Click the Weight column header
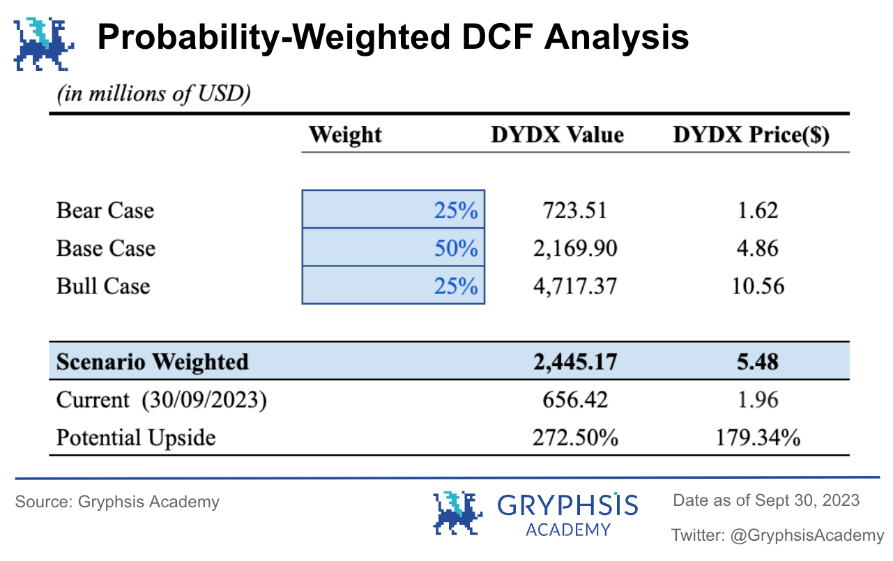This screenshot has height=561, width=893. click(x=345, y=135)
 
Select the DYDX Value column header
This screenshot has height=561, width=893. click(x=557, y=135)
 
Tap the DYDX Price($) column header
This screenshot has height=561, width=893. click(x=751, y=135)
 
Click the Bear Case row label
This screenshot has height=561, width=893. click(x=105, y=210)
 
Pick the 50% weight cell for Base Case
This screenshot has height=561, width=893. click(x=393, y=248)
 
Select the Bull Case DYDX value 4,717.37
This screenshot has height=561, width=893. click(x=574, y=286)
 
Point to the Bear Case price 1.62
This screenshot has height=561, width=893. click(x=758, y=210)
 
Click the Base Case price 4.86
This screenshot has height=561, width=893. click(x=758, y=248)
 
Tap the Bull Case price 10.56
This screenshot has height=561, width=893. click(x=758, y=286)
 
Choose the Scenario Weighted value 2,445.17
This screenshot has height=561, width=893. click(x=574, y=362)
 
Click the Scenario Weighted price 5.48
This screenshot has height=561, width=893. click(x=758, y=362)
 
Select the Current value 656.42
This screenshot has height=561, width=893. click(x=574, y=399)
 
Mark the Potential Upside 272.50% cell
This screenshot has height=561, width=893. click(x=574, y=437)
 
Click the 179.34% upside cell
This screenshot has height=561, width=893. click(x=758, y=437)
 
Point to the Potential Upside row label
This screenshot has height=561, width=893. click(x=136, y=438)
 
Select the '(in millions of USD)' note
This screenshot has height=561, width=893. click(x=153, y=94)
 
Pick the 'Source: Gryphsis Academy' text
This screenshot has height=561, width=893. click(x=117, y=502)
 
